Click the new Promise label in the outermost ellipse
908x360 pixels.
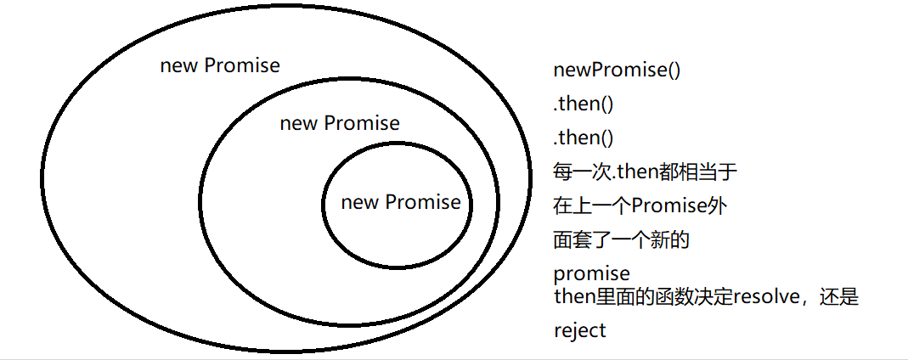click(x=220, y=65)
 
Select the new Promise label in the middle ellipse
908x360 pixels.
click(x=340, y=123)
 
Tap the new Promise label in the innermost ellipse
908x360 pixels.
click(x=401, y=202)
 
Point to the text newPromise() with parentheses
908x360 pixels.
click(x=617, y=70)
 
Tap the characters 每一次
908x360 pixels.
click(x=582, y=172)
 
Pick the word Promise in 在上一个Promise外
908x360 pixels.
click(x=672, y=206)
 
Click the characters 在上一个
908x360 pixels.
click(x=594, y=206)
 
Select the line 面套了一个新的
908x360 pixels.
click(x=621, y=240)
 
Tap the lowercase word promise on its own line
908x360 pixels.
click(x=592, y=273)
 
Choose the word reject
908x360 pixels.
click(x=580, y=330)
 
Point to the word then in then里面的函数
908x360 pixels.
click(x=572, y=297)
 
